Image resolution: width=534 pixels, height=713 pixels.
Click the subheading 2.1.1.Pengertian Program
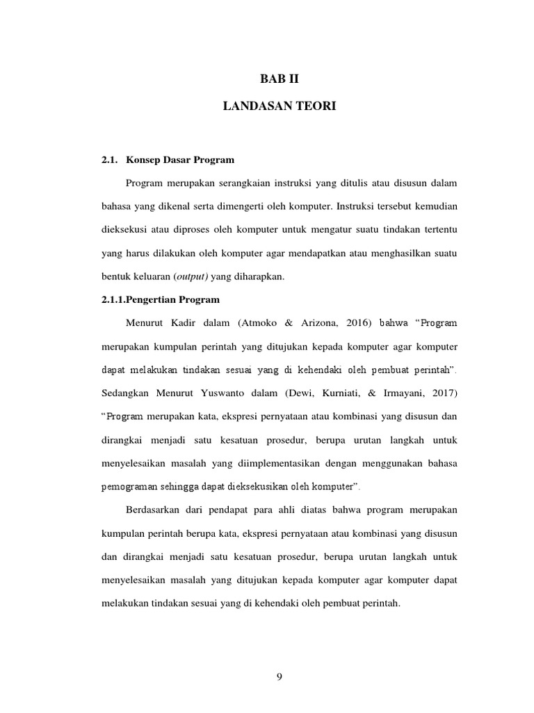(x=160, y=299)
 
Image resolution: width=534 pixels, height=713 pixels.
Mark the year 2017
(x=441, y=393)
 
